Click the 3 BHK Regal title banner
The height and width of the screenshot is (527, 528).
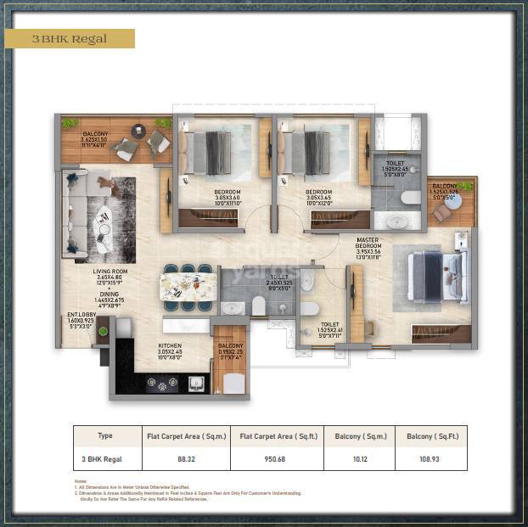(70, 39)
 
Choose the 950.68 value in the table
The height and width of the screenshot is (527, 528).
(276, 458)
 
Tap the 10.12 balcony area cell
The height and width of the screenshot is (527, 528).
(358, 458)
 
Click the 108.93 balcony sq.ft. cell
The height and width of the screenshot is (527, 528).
(430, 458)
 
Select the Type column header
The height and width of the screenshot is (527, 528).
(105, 435)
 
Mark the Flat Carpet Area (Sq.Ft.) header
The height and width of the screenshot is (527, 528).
(276, 435)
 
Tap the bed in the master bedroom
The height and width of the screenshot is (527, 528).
(438, 278)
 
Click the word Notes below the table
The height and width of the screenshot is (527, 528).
(81, 481)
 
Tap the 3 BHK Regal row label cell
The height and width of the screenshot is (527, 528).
(105, 458)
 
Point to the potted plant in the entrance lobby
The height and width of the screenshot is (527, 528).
(103, 330)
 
